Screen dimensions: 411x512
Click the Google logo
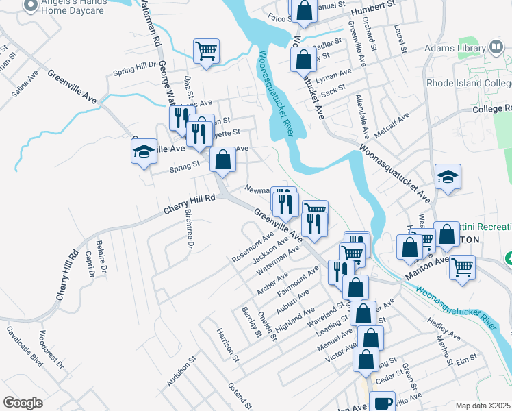(23, 403)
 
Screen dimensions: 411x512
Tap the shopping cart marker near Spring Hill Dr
(206, 51)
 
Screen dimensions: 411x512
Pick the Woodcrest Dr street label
(51, 348)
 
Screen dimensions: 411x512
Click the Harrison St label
(227, 345)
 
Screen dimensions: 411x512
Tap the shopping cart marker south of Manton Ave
(463, 266)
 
